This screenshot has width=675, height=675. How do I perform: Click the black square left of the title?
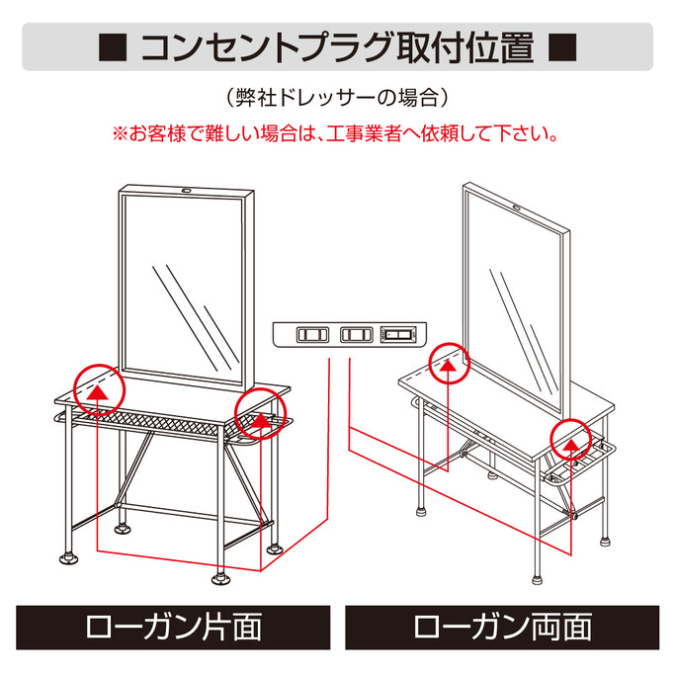click(x=113, y=46)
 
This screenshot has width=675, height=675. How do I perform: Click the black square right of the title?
click(x=560, y=46)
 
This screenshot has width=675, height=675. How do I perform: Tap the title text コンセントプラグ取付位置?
click(x=337, y=46)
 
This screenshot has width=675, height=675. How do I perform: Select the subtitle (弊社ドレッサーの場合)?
click(x=337, y=98)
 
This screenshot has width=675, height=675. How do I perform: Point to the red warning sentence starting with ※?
click(x=337, y=131)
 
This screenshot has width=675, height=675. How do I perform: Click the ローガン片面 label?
click(x=173, y=627)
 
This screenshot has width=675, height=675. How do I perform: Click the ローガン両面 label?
click(x=501, y=627)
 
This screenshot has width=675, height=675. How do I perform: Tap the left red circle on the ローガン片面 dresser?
click(x=98, y=386)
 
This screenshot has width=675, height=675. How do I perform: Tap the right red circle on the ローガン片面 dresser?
click(x=259, y=414)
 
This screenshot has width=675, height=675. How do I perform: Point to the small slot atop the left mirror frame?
click(x=185, y=189)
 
